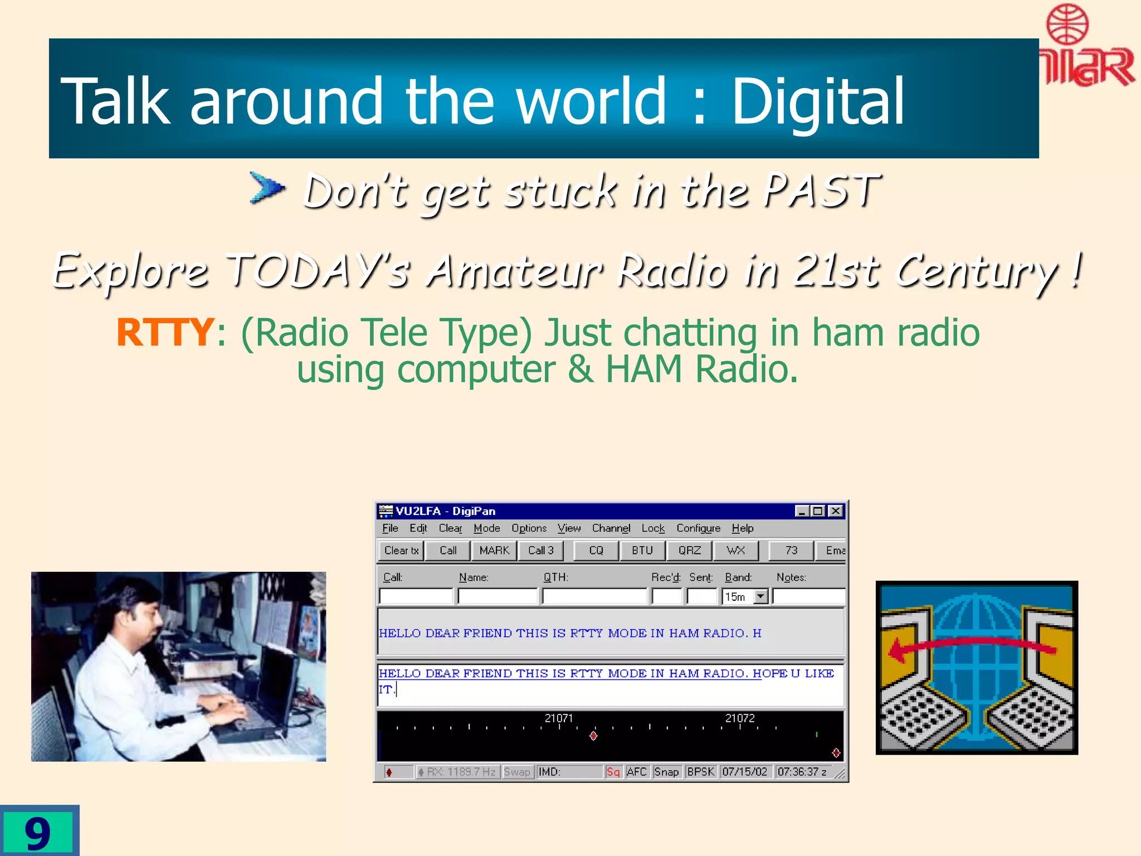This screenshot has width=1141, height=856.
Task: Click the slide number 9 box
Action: [38, 832]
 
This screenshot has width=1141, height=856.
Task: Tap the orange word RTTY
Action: [165, 333]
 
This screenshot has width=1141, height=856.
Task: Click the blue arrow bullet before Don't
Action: [267, 187]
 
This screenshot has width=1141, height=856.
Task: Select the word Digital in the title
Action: [817, 101]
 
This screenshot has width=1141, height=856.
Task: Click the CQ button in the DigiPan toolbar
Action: [596, 551]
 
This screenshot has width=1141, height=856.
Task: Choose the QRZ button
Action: [689, 551]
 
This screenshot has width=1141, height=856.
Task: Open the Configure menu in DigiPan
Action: [698, 528]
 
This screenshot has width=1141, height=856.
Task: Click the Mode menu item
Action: [486, 528]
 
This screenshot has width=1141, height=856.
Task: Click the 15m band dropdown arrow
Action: [760, 597]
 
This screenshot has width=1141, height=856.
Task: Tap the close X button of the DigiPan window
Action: [836, 511]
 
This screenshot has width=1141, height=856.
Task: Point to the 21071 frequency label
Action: [558, 718]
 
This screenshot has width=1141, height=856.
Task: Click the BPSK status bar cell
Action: [700, 772]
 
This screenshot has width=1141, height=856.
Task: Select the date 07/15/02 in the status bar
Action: [744, 772]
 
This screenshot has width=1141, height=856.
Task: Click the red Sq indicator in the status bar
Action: [613, 772]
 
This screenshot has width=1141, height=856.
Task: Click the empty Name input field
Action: [498, 597]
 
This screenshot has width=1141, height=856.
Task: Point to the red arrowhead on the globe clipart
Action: [898, 650]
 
